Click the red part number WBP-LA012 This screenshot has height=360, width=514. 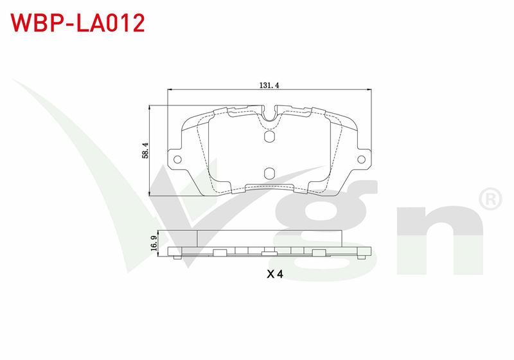(78, 23)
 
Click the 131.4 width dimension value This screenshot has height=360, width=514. (269, 85)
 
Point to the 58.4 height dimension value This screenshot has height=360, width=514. (146, 150)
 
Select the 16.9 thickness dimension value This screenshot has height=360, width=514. (154, 243)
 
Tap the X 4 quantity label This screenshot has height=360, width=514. (275, 274)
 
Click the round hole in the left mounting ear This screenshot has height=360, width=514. (177, 159)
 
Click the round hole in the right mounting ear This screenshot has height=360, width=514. (361, 159)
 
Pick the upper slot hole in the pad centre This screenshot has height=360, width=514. (269, 136)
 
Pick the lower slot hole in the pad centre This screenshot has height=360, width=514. (269, 174)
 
